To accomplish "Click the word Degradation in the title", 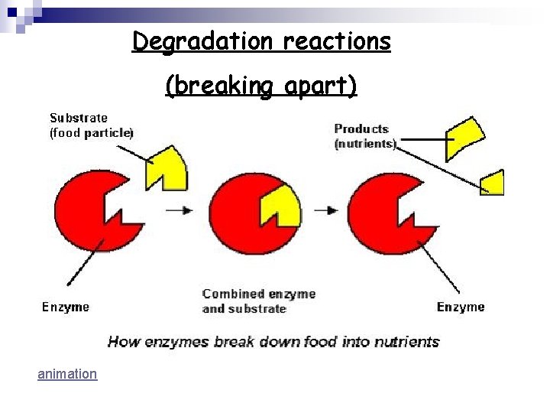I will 200,41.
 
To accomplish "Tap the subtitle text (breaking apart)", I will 261,86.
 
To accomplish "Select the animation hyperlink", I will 67,374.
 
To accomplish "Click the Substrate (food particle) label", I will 91,125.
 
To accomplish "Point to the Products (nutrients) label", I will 364,136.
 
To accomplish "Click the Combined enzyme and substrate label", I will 258,301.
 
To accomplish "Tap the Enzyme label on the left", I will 65,307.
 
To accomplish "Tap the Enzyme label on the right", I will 460,307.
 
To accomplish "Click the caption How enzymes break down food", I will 273,341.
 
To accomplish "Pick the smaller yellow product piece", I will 493,181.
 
